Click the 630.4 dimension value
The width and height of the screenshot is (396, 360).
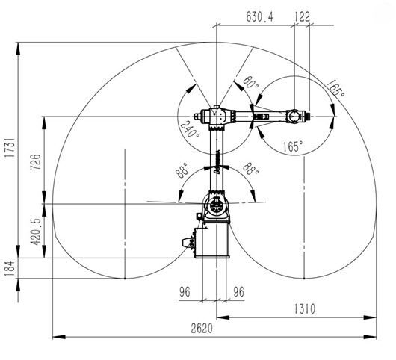[259, 17]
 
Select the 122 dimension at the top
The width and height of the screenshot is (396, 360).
[303, 17]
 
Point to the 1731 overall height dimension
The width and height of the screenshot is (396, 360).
[10, 148]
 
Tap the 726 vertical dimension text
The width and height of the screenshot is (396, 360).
[35, 162]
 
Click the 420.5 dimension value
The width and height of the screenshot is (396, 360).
[35, 232]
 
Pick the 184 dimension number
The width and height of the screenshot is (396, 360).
[10, 268]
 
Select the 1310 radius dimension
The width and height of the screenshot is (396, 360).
[305, 309]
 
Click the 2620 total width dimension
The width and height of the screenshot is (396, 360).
[202, 329]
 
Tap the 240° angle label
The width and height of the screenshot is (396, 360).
[191, 129]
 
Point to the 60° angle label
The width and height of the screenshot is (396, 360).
[251, 83]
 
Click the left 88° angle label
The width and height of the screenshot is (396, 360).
[182, 170]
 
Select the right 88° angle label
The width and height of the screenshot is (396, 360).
[250, 169]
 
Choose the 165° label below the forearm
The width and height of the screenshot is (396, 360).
[292, 146]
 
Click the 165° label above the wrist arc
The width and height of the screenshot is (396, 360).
[335, 89]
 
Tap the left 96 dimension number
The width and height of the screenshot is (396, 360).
[185, 292]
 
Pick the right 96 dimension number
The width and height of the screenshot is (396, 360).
[238, 292]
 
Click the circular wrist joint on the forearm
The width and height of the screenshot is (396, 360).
[294, 116]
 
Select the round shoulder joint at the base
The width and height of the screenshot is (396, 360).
[215, 205]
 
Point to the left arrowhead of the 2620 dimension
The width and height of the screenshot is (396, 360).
[59, 337]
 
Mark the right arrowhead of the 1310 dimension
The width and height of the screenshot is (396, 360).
[370, 317]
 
